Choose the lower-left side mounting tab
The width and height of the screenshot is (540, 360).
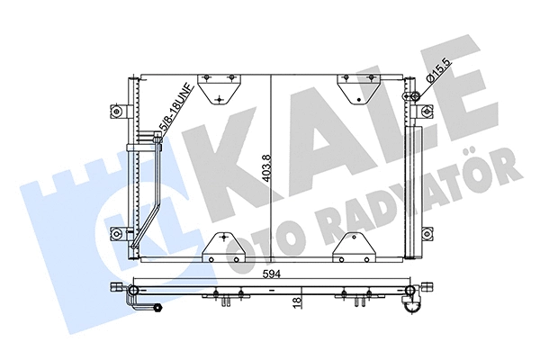pos(119,236)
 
